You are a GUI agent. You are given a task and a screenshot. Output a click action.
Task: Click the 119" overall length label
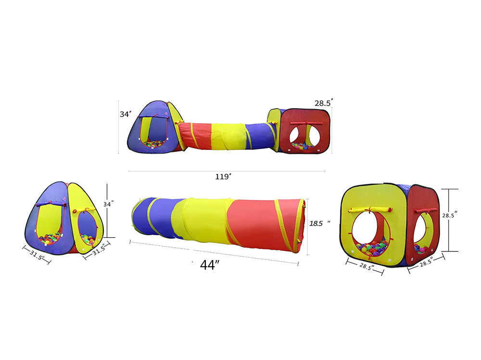point(223,176)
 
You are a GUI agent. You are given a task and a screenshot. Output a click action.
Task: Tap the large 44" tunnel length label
point(210,265)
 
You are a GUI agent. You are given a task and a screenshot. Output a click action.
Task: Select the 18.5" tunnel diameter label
point(319,223)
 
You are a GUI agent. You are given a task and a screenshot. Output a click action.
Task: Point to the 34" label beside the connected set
point(126,114)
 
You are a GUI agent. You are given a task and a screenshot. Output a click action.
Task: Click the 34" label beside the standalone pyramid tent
point(108,204)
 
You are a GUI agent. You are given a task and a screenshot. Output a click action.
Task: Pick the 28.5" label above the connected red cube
point(324,103)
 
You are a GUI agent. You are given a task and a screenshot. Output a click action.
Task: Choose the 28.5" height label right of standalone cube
point(450,215)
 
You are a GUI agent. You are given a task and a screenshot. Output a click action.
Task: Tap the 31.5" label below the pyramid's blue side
point(37,254)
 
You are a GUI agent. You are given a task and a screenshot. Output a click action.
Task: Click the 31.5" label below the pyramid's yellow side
point(99,249)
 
